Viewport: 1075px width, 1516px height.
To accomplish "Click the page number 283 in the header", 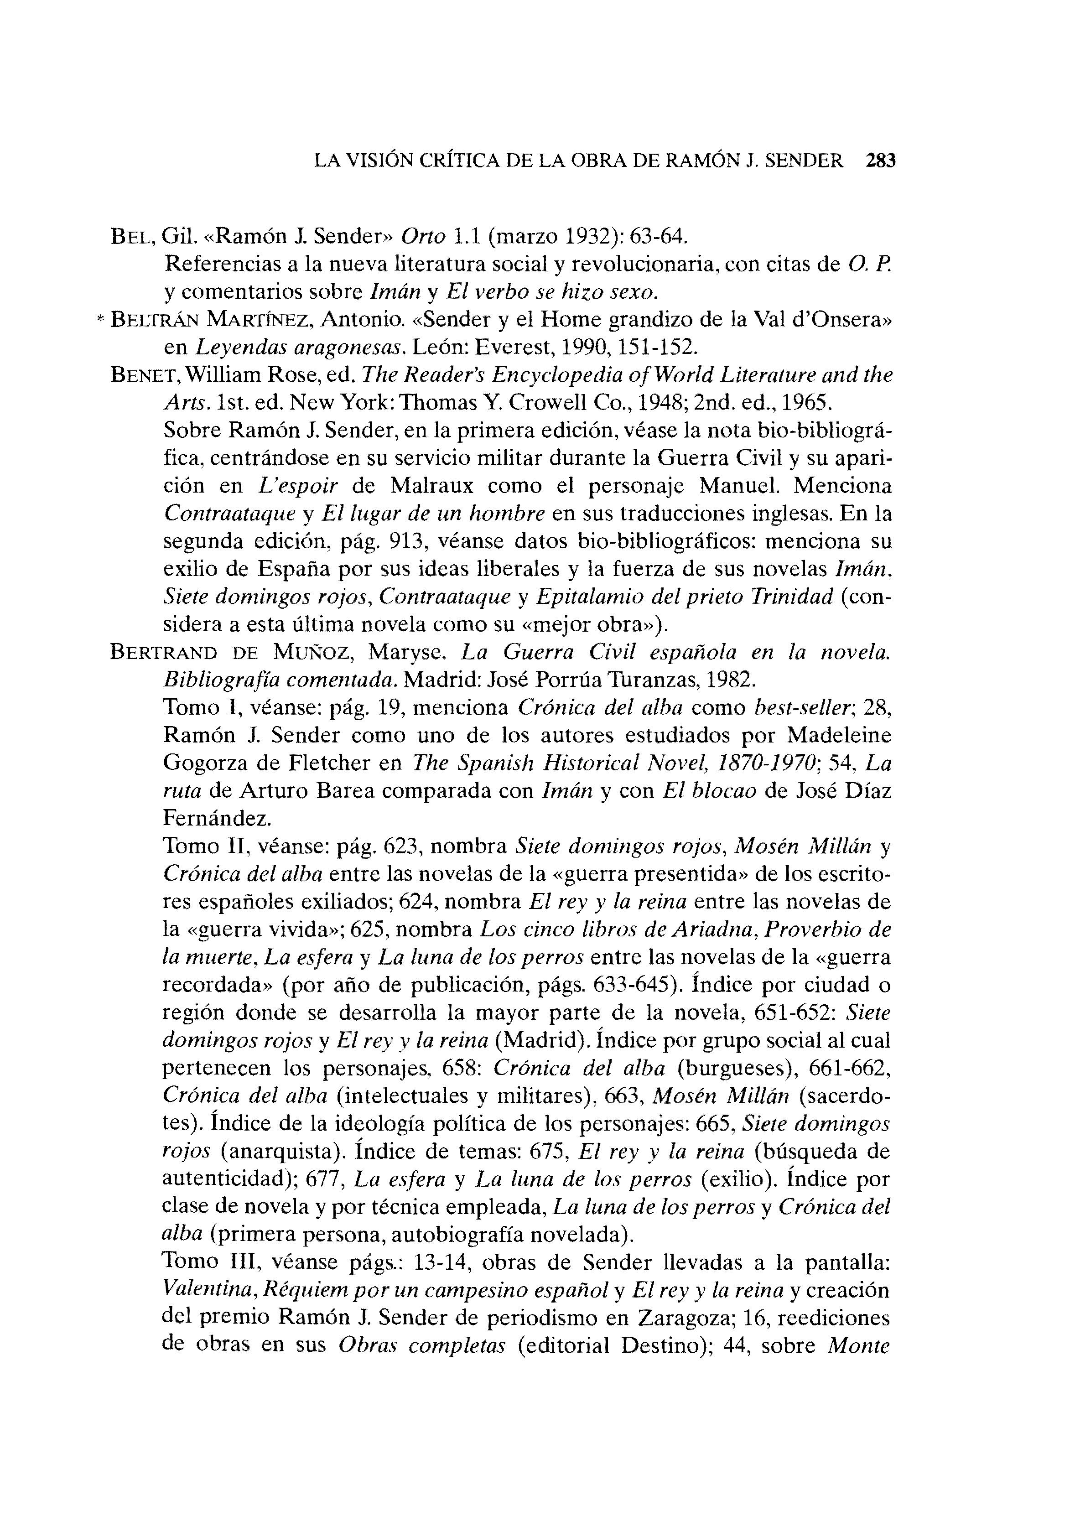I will [880, 161].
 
